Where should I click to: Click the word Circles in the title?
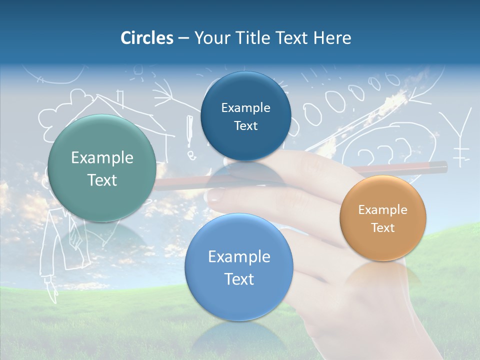click(x=146, y=38)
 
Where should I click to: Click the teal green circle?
click(x=102, y=168)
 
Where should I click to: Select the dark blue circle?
click(x=245, y=116)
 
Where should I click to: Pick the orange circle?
click(x=383, y=218)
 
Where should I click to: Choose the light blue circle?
click(x=239, y=267)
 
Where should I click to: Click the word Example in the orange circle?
click(x=383, y=209)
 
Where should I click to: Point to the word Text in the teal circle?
click(x=102, y=180)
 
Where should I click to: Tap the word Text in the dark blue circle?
click(x=245, y=125)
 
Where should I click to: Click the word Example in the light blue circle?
click(x=239, y=257)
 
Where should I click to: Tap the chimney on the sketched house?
click(x=119, y=98)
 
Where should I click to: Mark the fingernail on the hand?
click(x=216, y=195)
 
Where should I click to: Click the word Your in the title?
click(x=212, y=38)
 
